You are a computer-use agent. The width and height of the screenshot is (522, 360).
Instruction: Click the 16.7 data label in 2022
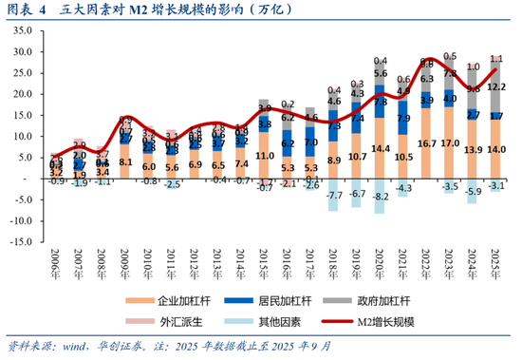coord(426,142)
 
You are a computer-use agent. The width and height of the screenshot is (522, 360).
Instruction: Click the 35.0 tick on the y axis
coord(21,32)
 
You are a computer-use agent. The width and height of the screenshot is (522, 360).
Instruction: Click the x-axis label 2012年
coord(196,256)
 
